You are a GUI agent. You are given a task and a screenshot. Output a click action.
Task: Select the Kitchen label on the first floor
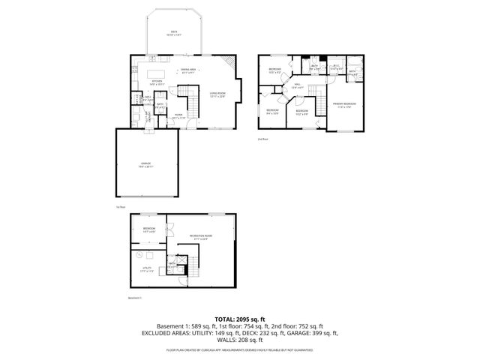click(x=157, y=82)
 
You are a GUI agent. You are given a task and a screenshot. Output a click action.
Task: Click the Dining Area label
click(x=187, y=70)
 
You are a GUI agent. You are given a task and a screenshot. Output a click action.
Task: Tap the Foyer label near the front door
click(x=178, y=116)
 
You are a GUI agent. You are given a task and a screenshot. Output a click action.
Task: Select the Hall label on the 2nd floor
click(x=297, y=85)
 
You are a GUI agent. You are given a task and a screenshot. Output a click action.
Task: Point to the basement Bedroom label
click(x=148, y=229)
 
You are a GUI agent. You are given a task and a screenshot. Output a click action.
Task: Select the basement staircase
click(x=192, y=264)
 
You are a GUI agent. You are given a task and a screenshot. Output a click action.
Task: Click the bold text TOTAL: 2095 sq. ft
click(x=239, y=319)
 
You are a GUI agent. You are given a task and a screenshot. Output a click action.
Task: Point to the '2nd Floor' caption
click(x=262, y=139)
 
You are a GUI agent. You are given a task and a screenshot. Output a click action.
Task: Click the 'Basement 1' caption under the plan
click(x=135, y=298)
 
